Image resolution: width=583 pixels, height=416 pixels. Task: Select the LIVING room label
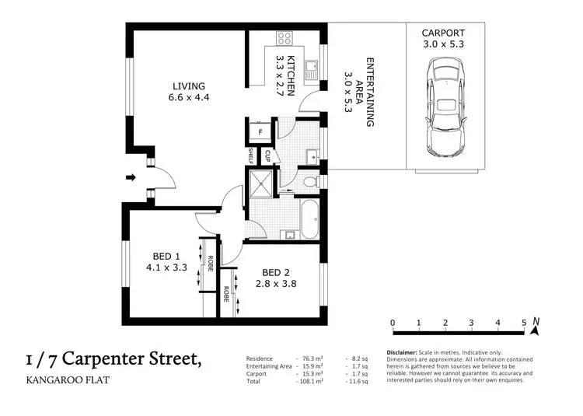point(189,92)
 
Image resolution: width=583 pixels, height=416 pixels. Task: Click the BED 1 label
point(166,262)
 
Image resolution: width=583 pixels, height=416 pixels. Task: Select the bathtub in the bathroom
point(307,220)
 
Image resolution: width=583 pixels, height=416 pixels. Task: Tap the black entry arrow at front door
point(131,178)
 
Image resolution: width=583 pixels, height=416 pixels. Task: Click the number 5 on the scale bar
point(524,323)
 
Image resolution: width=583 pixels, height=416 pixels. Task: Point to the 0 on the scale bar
point(393,323)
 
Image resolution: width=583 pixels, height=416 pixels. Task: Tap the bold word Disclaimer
point(403,352)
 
